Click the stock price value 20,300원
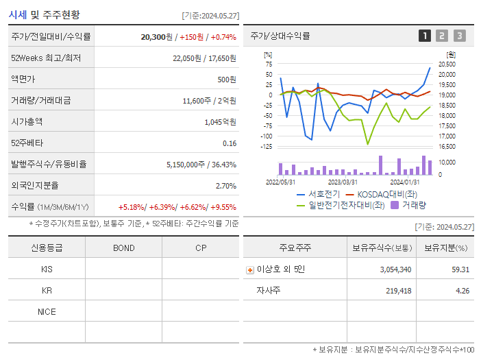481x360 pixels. pyautogui.click(x=156, y=36)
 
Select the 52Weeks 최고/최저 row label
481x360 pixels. pyautogui.click(x=46, y=58)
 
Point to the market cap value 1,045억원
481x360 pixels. pyautogui.click(x=220, y=122)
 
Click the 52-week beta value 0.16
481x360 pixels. pyautogui.click(x=230, y=143)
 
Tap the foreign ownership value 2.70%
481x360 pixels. pyautogui.click(x=225, y=186)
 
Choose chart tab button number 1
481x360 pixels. pyautogui.click(x=425, y=36)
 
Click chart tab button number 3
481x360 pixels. pyautogui.click(x=459, y=36)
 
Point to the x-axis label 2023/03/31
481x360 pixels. pyautogui.click(x=343, y=182)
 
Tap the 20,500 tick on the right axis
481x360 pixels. pyautogui.click(x=447, y=64)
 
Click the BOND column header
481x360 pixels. pyautogui.click(x=123, y=248)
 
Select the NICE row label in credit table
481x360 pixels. pyautogui.click(x=47, y=311)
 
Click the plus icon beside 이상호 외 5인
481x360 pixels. pyautogui.click(x=250, y=270)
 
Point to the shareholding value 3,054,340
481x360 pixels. pyautogui.click(x=395, y=269)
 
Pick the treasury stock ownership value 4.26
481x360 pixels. pyautogui.click(x=462, y=291)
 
